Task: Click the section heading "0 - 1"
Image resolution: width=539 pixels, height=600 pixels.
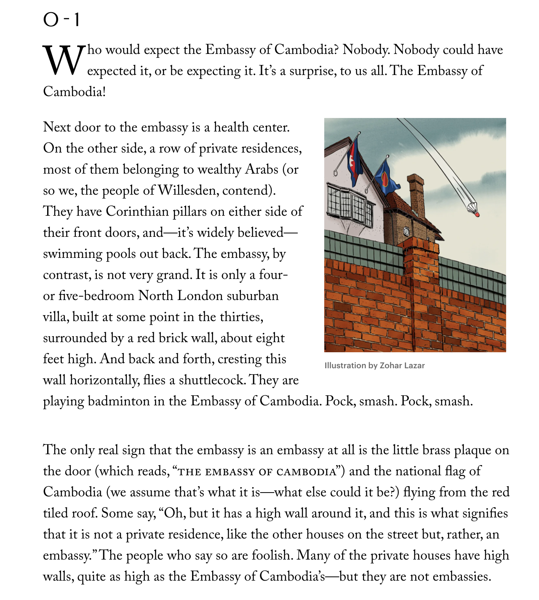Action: [x=61, y=19]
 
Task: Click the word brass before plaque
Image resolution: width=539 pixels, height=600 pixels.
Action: [x=436, y=450]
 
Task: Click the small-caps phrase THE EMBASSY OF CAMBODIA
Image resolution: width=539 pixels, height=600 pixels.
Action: [x=257, y=471]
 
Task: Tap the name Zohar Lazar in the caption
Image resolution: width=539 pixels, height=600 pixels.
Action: [x=402, y=366]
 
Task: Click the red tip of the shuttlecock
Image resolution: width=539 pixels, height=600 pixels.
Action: [x=477, y=214]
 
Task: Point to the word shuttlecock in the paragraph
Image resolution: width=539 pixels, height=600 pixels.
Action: [x=212, y=380]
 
